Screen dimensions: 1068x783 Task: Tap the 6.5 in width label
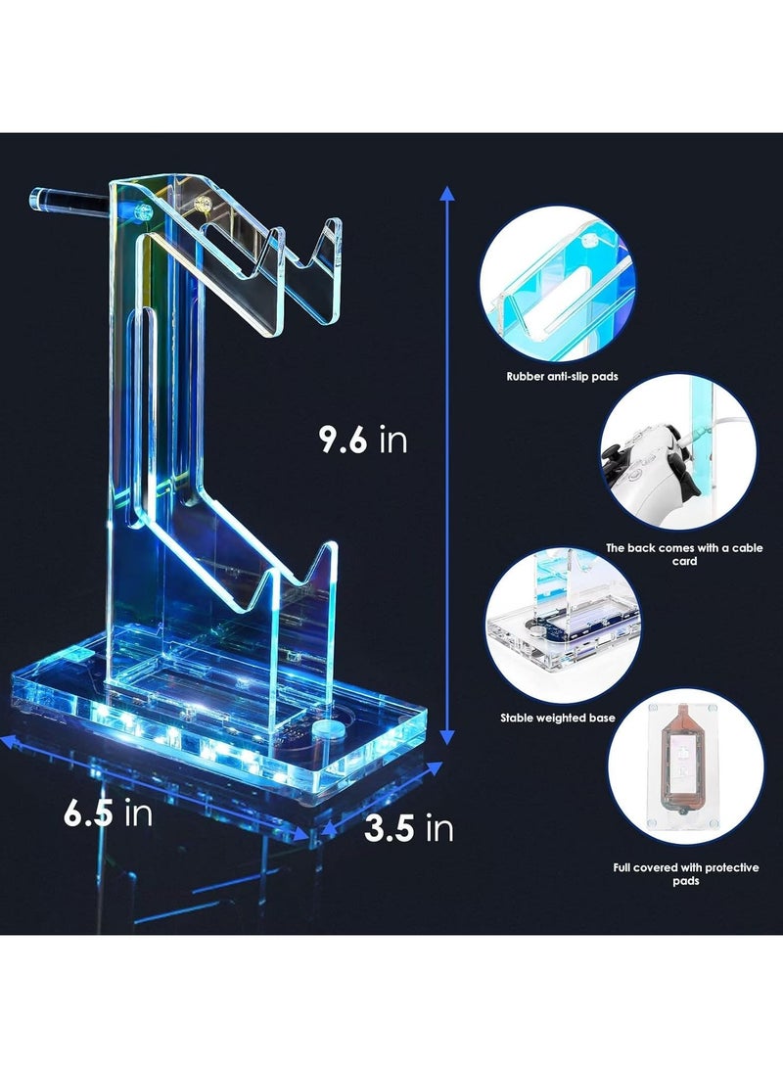(x=108, y=814)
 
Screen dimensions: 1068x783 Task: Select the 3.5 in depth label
(x=408, y=829)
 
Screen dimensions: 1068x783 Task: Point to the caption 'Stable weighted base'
(x=557, y=718)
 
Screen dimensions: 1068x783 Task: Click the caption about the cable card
(x=684, y=554)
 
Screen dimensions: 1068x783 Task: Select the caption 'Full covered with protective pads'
(x=684, y=874)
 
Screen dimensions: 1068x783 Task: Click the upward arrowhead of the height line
(x=447, y=194)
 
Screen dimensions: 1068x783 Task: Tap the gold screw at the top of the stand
(x=207, y=207)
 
